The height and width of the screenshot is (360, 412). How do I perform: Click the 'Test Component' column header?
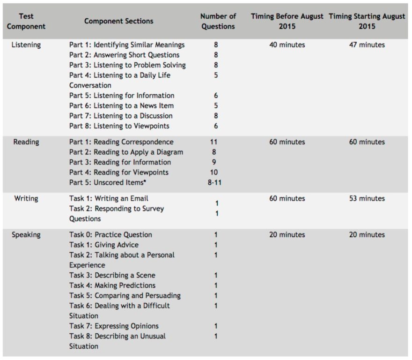point(26,21)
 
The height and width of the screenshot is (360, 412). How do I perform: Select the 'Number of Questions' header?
point(218,21)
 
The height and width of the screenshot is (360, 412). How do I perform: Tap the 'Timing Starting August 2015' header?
point(367,21)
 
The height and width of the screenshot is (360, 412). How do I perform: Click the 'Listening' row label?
point(26,45)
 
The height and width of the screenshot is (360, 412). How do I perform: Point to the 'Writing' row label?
point(26,198)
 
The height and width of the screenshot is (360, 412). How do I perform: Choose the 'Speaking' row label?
point(26,235)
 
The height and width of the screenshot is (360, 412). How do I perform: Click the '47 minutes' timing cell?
point(367,45)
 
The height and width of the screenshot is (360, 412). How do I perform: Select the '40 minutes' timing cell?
point(287,45)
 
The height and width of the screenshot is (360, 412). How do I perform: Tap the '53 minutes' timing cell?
point(367,198)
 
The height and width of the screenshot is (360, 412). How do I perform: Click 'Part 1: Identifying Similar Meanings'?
point(127,45)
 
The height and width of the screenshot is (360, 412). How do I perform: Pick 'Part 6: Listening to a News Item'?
point(121,106)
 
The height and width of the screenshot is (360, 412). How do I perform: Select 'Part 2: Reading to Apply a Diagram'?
point(126,152)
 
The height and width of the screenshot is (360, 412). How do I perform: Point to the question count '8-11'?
point(215,182)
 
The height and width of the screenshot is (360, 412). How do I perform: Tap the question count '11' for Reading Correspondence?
point(214,142)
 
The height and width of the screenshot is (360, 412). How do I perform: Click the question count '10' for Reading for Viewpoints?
point(214,172)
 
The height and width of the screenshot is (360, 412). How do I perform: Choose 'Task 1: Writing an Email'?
point(109,198)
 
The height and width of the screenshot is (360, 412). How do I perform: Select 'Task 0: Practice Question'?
point(110,235)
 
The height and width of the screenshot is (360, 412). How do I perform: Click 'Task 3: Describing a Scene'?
point(112,275)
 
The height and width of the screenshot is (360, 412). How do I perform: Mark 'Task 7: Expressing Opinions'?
point(114,326)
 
